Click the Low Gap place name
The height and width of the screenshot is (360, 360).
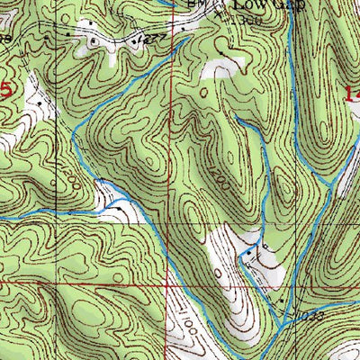pos(268,4)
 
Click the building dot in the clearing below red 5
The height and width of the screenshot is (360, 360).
pos(40,104)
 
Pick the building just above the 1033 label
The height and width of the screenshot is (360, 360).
pos(286,301)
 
